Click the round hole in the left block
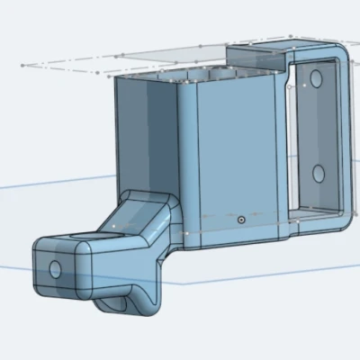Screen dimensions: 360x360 [55, 268]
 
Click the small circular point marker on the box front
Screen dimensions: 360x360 [240, 219]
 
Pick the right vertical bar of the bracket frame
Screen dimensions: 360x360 [345, 135]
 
